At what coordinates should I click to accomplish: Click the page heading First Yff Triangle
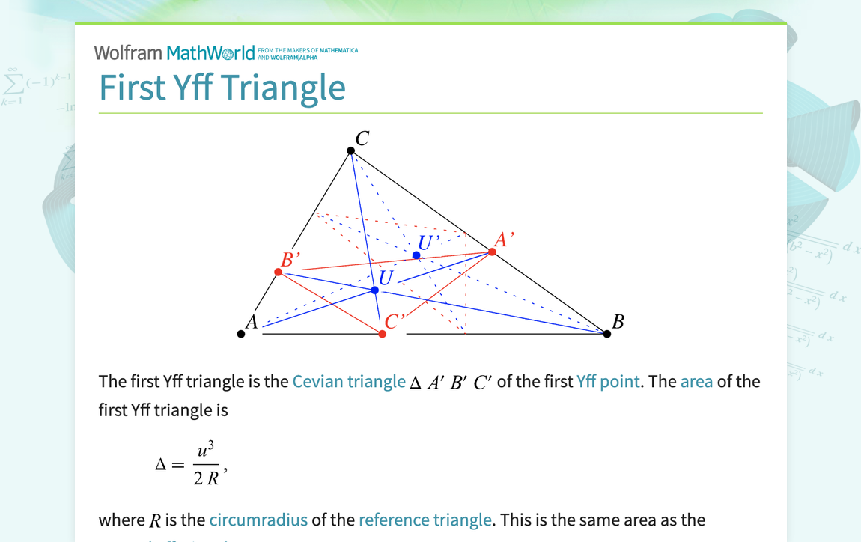(x=222, y=87)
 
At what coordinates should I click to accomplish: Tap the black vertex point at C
(x=351, y=151)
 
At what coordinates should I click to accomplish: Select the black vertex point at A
(x=241, y=334)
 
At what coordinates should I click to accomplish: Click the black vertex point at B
(x=607, y=334)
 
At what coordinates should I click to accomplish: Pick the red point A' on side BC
(x=492, y=252)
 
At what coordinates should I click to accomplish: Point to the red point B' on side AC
(x=279, y=272)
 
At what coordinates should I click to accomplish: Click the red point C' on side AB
(x=383, y=334)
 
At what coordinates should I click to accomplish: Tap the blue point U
(x=375, y=290)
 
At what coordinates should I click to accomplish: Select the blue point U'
(x=416, y=255)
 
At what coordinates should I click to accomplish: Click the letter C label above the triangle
(x=362, y=138)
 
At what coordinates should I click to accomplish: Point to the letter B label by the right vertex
(x=618, y=322)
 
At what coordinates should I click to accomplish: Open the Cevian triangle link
(x=348, y=381)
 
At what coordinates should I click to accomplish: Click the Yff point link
(x=608, y=381)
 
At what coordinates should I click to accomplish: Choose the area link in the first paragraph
(x=696, y=381)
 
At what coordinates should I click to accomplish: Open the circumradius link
(x=258, y=520)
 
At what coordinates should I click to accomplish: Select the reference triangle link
(x=425, y=520)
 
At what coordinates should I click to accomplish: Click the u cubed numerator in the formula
(x=205, y=451)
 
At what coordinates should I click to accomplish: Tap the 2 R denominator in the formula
(x=206, y=478)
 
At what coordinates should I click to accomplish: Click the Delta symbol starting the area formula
(x=160, y=465)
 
